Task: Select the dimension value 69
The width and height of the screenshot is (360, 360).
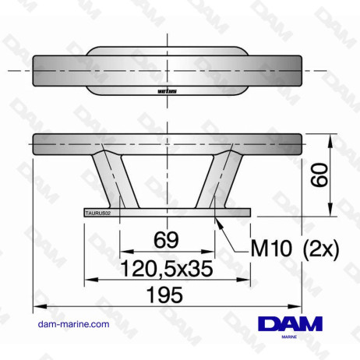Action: [166, 239]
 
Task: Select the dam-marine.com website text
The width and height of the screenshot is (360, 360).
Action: [73, 323]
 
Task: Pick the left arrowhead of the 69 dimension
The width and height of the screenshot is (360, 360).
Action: [122, 252]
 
